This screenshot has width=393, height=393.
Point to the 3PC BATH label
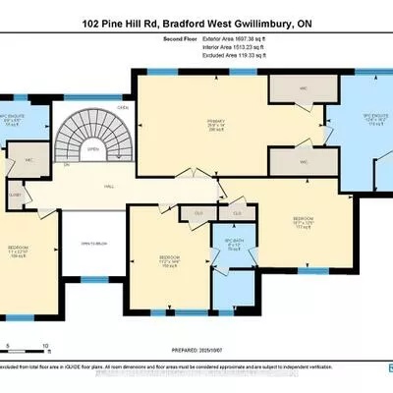pos(233,243)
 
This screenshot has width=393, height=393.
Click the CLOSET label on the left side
pos(14,194)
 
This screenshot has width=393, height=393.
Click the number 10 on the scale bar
pos(44,346)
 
